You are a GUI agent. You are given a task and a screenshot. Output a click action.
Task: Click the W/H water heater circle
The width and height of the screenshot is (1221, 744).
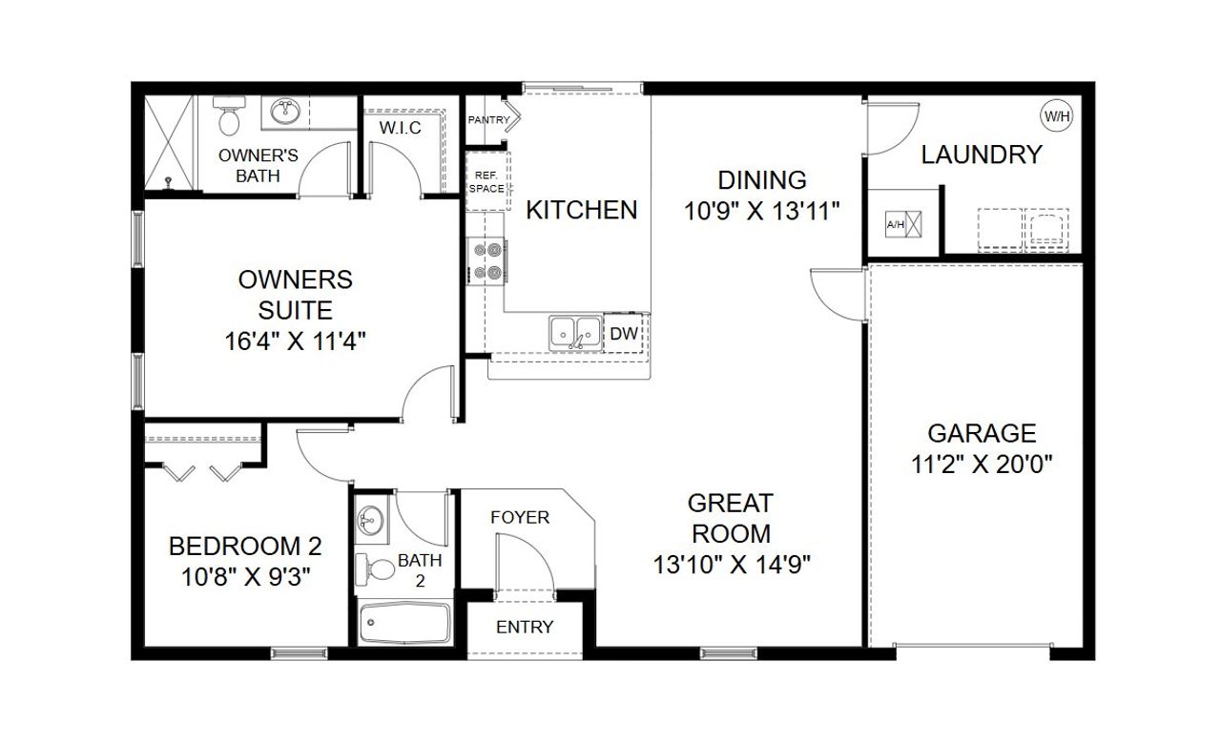[x=1056, y=116]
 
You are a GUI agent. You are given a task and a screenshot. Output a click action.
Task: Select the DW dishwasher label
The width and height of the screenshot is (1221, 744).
[x=623, y=333]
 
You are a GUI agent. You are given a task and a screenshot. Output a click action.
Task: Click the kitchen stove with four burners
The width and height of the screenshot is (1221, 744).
[x=488, y=261]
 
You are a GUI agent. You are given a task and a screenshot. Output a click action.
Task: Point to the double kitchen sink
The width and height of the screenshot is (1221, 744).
[x=575, y=332]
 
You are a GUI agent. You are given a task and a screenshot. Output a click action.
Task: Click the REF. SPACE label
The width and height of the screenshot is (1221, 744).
[x=486, y=182]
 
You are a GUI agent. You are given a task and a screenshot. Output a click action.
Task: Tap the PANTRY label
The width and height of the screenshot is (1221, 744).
[x=488, y=120]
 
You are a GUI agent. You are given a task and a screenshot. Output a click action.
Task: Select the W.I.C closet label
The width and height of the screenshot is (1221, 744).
[x=400, y=128]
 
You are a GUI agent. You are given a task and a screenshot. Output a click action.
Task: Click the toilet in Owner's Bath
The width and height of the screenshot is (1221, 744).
[x=229, y=120]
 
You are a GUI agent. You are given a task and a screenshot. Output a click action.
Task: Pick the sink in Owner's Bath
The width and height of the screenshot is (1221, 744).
[x=284, y=113]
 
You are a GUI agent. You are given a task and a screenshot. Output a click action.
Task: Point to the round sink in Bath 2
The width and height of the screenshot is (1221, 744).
[x=370, y=522]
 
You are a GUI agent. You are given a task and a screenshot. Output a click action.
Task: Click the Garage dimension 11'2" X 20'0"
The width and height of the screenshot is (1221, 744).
[x=982, y=465]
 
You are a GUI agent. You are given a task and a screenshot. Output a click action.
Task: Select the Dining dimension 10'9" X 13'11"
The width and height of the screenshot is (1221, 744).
[x=761, y=211]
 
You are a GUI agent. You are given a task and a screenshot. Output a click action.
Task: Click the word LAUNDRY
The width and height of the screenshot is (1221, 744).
[x=981, y=155]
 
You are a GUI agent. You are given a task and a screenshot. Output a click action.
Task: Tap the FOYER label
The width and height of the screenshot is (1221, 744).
[x=520, y=518]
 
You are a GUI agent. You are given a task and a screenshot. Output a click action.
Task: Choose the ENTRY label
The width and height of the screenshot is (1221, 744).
[x=524, y=627]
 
